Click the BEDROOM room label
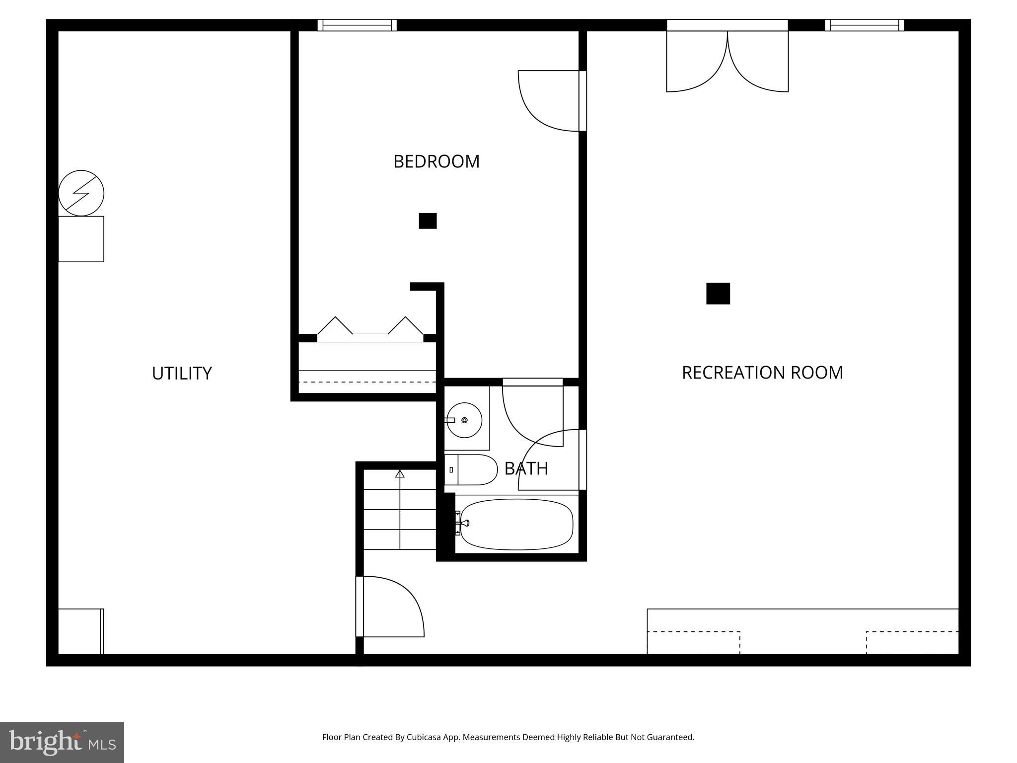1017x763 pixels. pyautogui.click(x=436, y=161)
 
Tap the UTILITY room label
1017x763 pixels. pyautogui.click(x=182, y=373)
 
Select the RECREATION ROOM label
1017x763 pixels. pyautogui.click(x=762, y=373)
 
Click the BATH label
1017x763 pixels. pyautogui.click(x=526, y=468)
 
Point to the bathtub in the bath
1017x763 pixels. pyautogui.click(x=516, y=525)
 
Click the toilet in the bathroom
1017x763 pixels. pyautogui.click(x=471, y=469)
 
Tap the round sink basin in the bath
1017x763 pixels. pyautogui.click(x=464, y=420)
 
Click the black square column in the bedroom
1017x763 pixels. pyautogui.click(x=428, y=221)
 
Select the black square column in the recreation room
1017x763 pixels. pyautogui.click(x=718, y=294)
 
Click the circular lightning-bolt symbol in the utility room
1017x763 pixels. pyautogui.click(x=81, y=193)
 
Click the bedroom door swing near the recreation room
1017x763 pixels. pyautogui.click(x=549, y=101)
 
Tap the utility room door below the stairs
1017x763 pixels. pyautogui.click(x=390, y=607)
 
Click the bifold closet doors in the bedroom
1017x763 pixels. pyautogui.click(x=370, y=328)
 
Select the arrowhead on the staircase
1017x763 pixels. pyautogui.click(x=400, y=474)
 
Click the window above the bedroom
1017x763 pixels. pyautogui.click(x=357, y=25)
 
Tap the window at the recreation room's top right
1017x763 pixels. pyautogui.click(x=864, y=25)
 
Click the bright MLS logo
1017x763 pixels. pyautogui.click(x=62, y=742)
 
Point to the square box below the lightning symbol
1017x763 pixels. pyautogui.click(x=81, y=239)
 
